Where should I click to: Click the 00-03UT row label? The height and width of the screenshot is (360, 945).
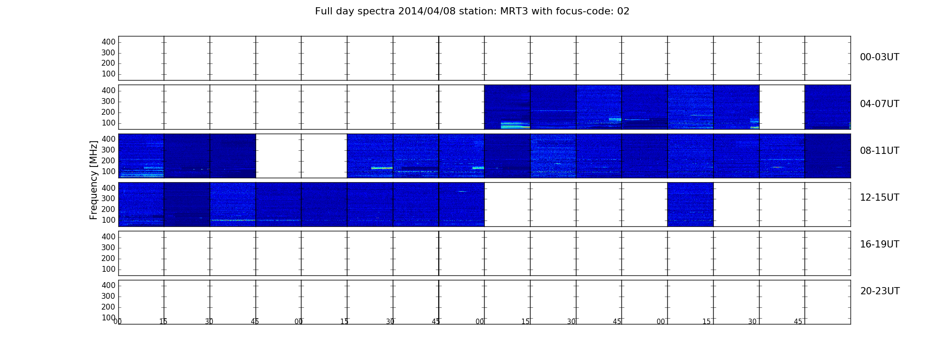[x=879, y=57]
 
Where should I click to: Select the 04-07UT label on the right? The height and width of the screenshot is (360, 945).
[x=879, y=104]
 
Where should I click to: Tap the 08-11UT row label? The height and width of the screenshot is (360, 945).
[x=879, y=151]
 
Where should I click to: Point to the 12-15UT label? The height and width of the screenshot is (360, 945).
[x=879, y=198]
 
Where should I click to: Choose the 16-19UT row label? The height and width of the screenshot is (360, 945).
[x=879, y=244]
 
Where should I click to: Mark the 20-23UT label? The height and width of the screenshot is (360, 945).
[x=880, y=291]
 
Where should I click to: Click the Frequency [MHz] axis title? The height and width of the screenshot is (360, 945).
[x=94, y=180]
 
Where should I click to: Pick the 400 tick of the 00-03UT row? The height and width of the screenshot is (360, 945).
[x=108, y=42]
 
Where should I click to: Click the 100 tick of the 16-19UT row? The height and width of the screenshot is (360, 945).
[x=108, y=269]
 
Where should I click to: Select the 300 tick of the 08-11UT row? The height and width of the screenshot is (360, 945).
[x=108, y=150]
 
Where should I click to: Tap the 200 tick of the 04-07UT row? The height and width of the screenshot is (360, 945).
[x=108, y=112]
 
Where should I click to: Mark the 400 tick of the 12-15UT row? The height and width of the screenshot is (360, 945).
[x=108, y=188]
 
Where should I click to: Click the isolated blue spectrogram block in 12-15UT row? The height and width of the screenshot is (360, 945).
[x=690, y=204]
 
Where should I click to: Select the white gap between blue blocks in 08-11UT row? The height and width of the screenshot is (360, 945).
[x=301, y=156]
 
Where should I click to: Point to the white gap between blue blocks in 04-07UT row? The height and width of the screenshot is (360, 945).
[x=782, y=107]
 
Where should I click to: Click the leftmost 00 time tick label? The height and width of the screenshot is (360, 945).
[x=117, y=321]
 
